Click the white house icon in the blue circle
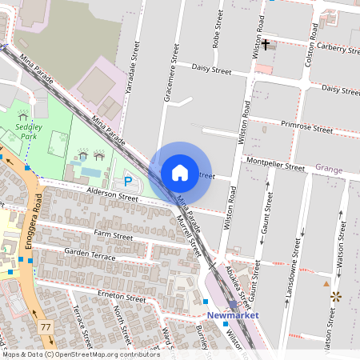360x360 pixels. tap(180, 172)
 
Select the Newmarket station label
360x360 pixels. tap(234, 316)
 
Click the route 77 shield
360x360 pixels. tap(46, 327)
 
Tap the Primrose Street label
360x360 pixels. tap(306, 126)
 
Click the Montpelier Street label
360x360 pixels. tap(277, 167)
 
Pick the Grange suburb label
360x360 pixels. tap(328, 169)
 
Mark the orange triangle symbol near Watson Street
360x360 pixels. tap(326, 283)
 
